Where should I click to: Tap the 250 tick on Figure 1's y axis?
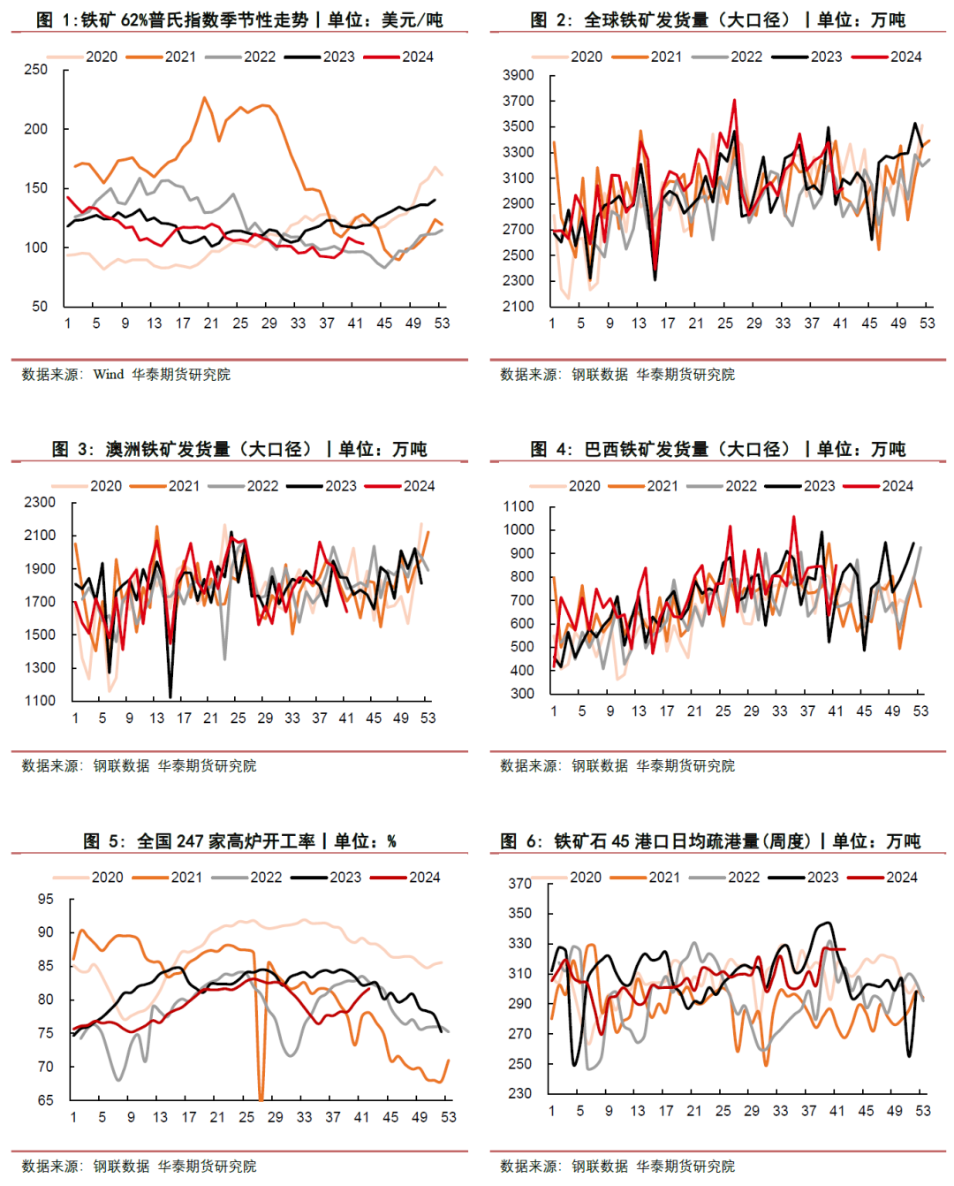tap(36, 70)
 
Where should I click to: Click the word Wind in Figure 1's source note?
tap(109, 375)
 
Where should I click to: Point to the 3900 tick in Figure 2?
tap(519, 76)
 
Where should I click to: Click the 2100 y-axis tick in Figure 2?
tap(519, 307)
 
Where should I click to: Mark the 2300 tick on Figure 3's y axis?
tap(40, 502)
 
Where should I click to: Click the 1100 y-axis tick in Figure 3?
tap(40, 701)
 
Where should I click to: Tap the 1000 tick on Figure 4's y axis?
tap(519, 530)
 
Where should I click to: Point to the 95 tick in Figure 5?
tap(45, 900)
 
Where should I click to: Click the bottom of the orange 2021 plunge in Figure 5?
tap(261, 1099)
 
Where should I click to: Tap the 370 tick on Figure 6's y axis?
tap(520, 884)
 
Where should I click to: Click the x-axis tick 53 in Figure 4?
tap(920, 711)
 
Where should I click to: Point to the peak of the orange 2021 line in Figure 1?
tap(204, 97)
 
